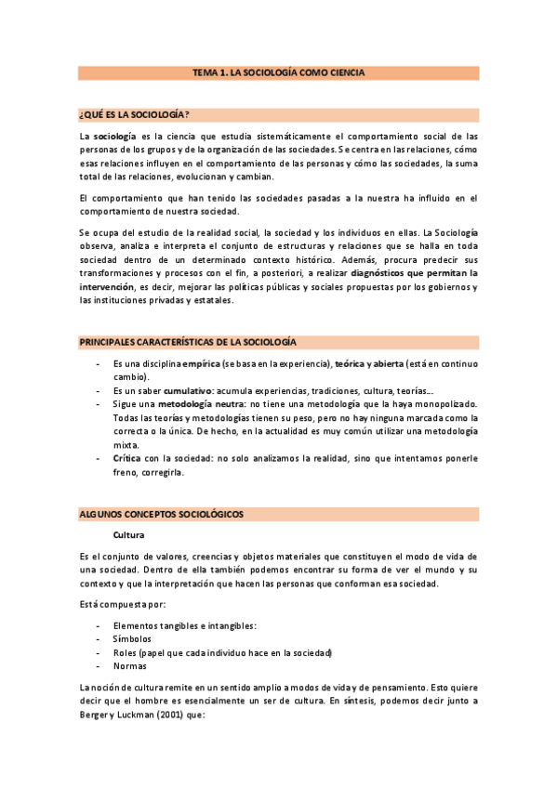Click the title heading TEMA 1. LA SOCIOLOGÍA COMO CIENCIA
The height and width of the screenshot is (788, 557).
[278, 72]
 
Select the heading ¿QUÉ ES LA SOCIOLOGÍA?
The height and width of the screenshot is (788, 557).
[135, 115]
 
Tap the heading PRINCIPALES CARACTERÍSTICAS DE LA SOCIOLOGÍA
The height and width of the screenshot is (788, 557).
[201, 343]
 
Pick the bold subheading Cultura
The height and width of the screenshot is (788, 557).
[128, 535]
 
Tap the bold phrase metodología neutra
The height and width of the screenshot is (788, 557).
[199, 404]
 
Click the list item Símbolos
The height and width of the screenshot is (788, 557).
[132, 639]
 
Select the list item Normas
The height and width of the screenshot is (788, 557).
[129, 666]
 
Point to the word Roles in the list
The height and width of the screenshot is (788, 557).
[126, 653]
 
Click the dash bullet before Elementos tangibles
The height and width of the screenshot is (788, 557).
[99, 626]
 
